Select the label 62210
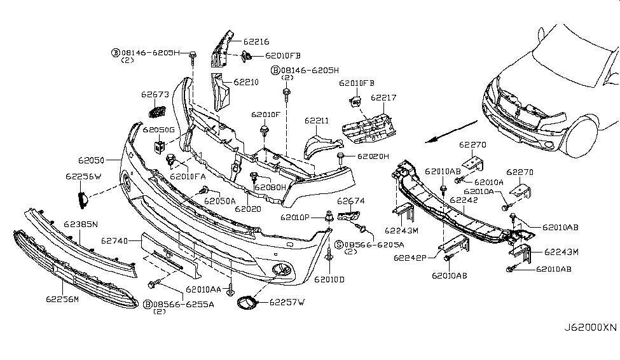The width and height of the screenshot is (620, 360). coord(246,82)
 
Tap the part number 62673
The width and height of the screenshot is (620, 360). coord(155,95)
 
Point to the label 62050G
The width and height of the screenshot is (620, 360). coord(158,130)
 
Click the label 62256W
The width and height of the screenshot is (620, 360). coord(83,176)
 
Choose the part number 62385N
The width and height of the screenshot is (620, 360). coord(81,225)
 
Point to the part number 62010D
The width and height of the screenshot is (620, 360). coord(329,279)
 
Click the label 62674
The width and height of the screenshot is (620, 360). coord(350,202)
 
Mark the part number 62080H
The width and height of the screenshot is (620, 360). coord(272,188)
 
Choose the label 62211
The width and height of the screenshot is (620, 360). coord(316,120)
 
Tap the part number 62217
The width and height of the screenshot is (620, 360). coord(383,99)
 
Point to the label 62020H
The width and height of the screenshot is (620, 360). coord(373,156)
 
